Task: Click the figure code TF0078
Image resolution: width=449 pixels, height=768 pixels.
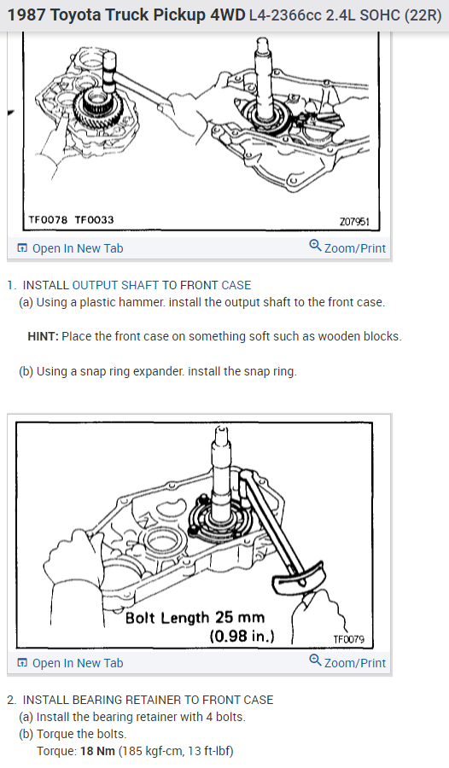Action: click(x=46, y=219)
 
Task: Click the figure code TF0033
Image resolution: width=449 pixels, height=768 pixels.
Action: click(x=94, y=219)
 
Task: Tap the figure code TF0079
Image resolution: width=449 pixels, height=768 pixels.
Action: click(x=349, y=638)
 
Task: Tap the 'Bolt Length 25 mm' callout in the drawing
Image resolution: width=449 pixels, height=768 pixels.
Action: click(x=195, y=617)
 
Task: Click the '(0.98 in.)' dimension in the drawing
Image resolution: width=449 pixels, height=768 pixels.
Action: click(x=242, y=636)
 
